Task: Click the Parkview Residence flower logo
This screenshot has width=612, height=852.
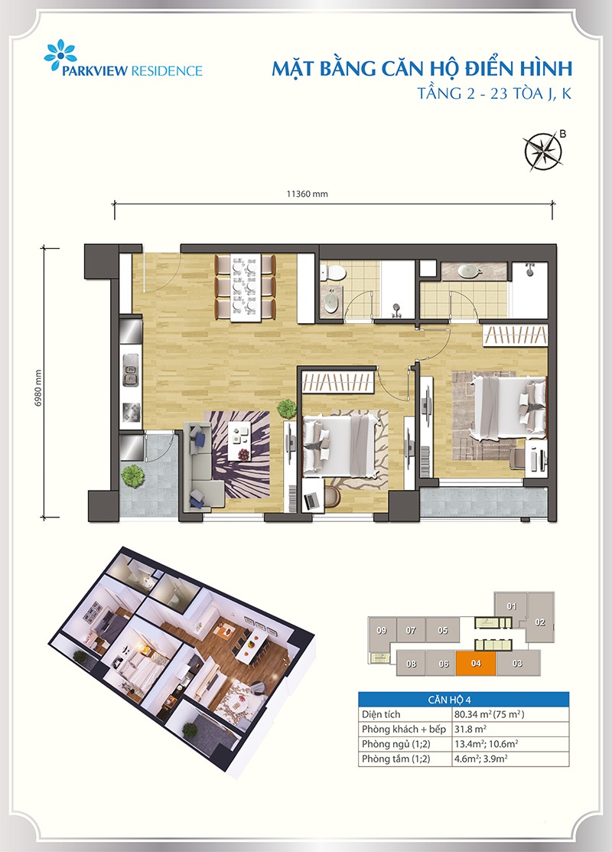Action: pyautogui.click(x=60, y=54)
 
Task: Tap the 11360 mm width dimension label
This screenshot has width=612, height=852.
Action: pyautogui.click(x=308, y=194)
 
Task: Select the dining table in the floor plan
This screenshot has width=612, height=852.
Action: pyautogui.click(x=246, y=287)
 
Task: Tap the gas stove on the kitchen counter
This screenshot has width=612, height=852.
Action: pyautogui.click(x=130, y=413)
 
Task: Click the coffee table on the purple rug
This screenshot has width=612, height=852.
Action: pyautogui.click(x=240, y=441)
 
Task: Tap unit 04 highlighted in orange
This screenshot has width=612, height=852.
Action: pyautogui.click(x=476, y=664)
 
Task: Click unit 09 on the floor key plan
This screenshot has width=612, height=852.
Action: pyautogui.click(x=382, y=630)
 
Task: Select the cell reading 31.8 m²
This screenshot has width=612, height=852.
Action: pyautogui.click(x=470, y=730)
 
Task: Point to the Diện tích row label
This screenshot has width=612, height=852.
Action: pyautogui.click(x=381, y=714)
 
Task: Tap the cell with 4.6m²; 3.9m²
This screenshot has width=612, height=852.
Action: pyautogui.click(x=481, y=759)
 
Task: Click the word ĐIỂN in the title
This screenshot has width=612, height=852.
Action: pyautogui.click(x=487, y=68)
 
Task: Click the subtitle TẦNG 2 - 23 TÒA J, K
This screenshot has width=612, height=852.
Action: pyautogui.click(x=494, y=93)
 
